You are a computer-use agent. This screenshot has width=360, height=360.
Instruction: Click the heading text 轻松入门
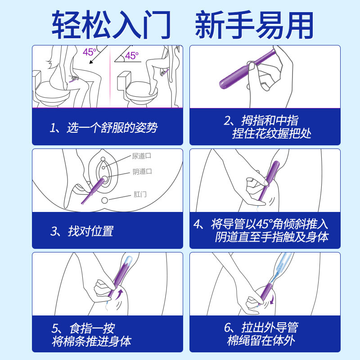[x=111, y=25]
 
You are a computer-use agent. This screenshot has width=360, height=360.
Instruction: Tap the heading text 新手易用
[x=254, y=25]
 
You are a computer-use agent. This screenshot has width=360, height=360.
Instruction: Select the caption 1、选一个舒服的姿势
[x=103, y=128]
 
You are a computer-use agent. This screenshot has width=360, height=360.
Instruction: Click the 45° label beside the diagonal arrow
[x=89, y=52]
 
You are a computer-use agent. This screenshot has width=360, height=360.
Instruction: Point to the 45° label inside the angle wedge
[x=131, y=55]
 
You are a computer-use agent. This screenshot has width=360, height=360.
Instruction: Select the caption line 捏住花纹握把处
[x=272, y=134]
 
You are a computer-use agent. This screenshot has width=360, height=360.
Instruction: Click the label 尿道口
[x=141, y=156]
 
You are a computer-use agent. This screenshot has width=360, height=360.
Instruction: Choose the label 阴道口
[x=142, y=171]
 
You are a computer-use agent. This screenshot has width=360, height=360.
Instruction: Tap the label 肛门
[x=140, y=194]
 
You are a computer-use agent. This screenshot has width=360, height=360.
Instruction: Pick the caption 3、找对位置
[x=82, y=231]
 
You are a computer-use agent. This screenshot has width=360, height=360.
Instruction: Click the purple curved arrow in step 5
[x=119, y=294]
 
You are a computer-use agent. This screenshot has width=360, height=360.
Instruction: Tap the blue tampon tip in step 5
[x=128, y=260]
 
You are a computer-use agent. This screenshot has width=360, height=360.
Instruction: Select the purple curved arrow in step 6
[x=272, y=299]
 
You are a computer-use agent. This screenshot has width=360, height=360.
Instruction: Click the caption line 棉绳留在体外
[x=261, y=341]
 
